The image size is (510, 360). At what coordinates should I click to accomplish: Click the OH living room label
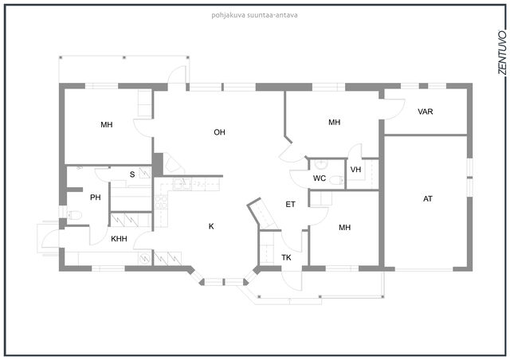[220, 132]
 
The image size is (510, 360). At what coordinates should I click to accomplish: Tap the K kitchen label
[211, 226]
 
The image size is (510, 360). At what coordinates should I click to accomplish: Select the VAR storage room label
[425, 112]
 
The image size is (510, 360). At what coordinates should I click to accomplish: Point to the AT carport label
[428, 198]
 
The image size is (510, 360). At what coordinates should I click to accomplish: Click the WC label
[320, 178]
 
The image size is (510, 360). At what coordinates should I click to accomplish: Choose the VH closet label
[356, 170]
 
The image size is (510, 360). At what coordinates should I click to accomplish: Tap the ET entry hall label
[290, 204]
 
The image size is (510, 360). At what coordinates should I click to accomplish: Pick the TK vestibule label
[286, 258]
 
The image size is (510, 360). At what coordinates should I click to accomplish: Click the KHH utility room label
[119, 239]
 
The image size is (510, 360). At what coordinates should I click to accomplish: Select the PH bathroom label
[96, 198]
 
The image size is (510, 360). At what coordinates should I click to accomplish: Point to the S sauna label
[132, 174]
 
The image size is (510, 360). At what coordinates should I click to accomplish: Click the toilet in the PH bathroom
[74, 214]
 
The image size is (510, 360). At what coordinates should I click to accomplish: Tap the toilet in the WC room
[336, 180]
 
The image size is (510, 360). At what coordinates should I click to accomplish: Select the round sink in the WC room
[320, 165]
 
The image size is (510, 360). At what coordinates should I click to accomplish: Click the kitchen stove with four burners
[161, 202]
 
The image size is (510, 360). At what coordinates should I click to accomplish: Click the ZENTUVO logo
[502, 53]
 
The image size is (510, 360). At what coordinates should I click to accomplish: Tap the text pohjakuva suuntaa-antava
[254, 15]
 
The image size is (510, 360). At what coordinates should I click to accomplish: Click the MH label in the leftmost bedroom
[106, 124]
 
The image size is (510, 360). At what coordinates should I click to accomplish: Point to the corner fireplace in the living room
[173, 163]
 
